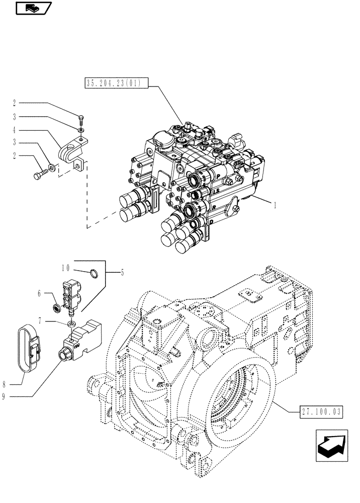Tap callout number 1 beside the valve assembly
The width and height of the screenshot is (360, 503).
pyautogui.click(x=276, y=205)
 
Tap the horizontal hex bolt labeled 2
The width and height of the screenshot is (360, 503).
pyautogui.click(x=41, y=176)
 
